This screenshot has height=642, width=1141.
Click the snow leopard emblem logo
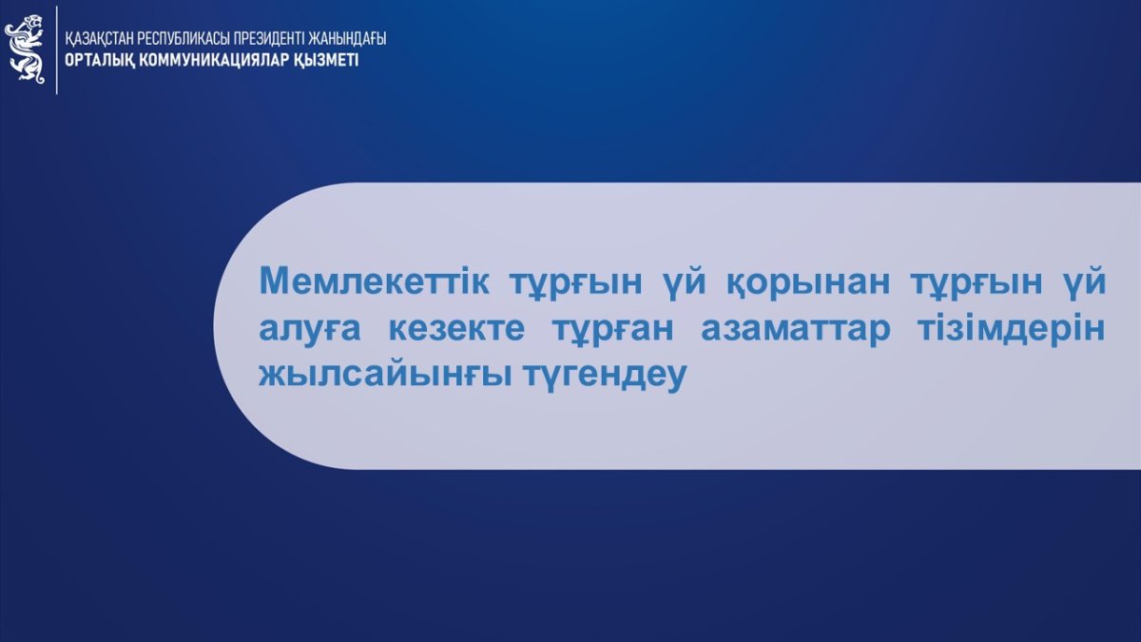tap(25, 49)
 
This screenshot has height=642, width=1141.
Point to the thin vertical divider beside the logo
tap(56, 49)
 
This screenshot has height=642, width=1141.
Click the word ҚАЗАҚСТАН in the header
tap(99, 39)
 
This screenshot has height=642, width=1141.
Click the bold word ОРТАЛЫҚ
tap(99, 60)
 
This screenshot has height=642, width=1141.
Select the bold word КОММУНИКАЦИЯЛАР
tap(214, 60)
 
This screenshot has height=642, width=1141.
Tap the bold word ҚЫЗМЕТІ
tap(326, 60)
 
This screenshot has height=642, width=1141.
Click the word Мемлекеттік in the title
tap(375, 282)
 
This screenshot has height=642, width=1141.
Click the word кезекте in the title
tap(456, 329)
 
